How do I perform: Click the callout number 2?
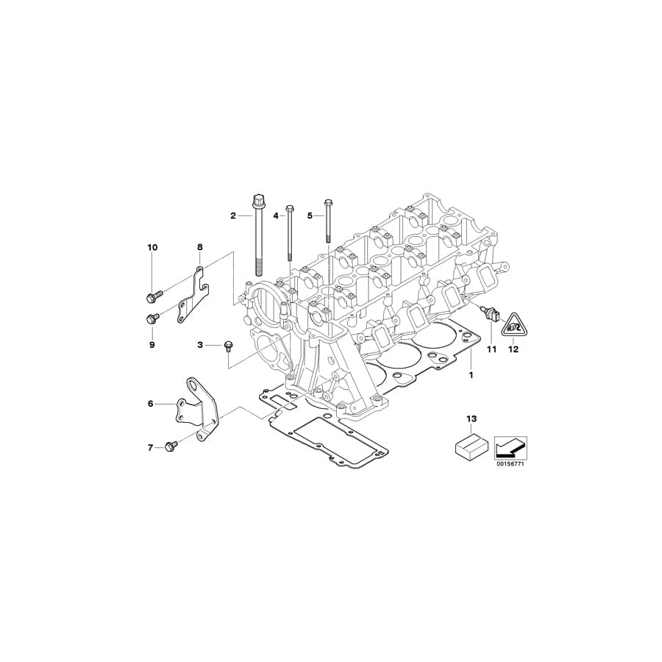tap(233, 216)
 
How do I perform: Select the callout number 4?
tap(277, 216)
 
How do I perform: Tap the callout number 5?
tap(310, 216)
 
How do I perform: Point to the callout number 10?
tap(152, 247)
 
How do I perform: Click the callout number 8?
tap(199, 247)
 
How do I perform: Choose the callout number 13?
tap(471, 419)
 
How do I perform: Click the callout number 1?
tap(471, 374)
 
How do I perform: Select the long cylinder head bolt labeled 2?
tap(259, 235)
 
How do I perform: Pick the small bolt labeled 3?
tap(227, 345)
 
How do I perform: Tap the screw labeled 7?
tap(172, 446)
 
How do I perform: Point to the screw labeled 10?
tap(152, 296)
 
